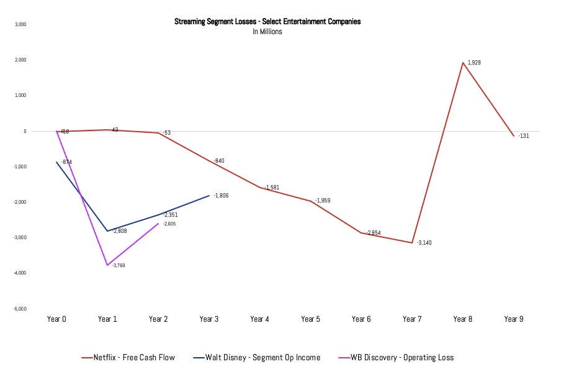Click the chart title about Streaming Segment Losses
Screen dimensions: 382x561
pos(267,22)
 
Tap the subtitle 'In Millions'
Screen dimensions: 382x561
pos(267,31)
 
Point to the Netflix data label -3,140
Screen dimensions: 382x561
pos(424,242)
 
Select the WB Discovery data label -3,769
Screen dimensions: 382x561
pos(119,265)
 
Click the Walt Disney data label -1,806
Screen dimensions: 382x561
pos(222,196)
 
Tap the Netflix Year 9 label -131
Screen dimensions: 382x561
pos(524,135)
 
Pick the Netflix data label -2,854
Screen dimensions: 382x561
pos(374,232)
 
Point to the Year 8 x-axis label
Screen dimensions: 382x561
pos(462,319)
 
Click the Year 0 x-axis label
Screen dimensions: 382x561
pos(56,319)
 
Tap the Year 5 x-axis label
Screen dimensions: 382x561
pos(310,319)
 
